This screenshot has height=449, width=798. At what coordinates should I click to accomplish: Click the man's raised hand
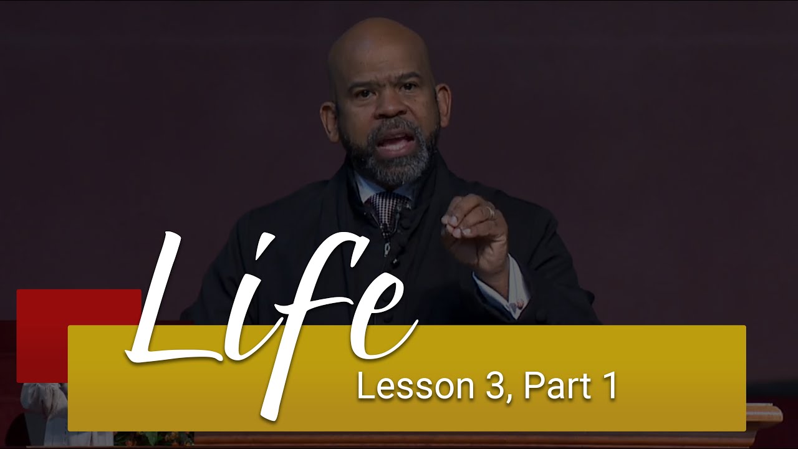474,231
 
